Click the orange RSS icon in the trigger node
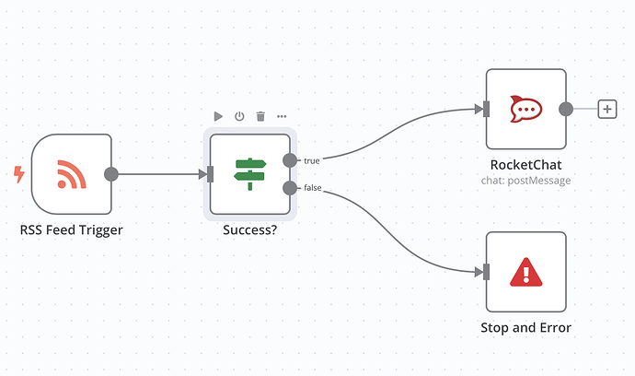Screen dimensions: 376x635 click(x=71, y=173)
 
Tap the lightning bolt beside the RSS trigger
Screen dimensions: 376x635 click(x=18, y=172)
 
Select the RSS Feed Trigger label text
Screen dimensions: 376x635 click(x=71, y=229)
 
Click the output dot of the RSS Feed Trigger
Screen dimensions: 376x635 click(x=111, y=173)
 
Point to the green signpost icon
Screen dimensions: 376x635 click(x=249, y=173)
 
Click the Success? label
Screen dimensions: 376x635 click(x=249, y=229)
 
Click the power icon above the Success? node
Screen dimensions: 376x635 click(x=239, y=116)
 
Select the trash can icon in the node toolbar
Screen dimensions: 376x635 click(x=260, y=116)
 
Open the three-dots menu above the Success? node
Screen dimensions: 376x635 click(x=282, y=116)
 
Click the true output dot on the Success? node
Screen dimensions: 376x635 click(x=290, y=160)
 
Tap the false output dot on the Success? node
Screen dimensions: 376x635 click(x=290, y=188)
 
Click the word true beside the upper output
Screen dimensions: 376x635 click(x=312, y=161)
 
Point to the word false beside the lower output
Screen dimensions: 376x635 click(x=314, y=189)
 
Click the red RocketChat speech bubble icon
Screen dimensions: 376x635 click(x=525, y=109)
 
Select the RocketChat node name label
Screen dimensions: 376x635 click(x=525, y=164)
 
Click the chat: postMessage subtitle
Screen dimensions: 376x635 click(x=525, y=181)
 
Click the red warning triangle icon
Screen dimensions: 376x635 click(x=525, y=271)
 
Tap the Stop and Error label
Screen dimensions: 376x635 click(x=525, y=327)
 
